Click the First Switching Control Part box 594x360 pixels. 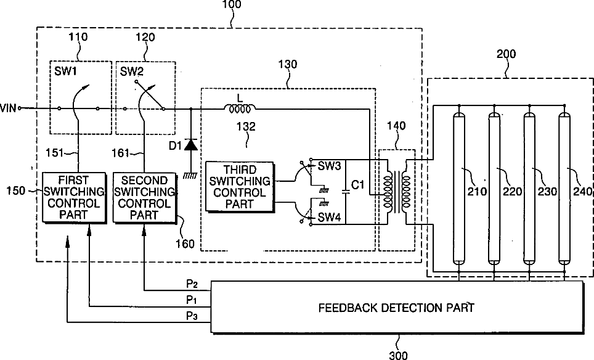[x=73, y=197]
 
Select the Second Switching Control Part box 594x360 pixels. [x=145, y=198]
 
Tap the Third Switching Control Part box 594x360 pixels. [x=240, y=187]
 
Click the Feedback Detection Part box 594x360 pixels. [x=397, y=308]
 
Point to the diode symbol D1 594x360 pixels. [x=190, y=145]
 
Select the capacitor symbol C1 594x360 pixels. [x=346, y=190]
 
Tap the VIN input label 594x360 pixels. [x=9, y=108]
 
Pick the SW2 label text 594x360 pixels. [x=131, y=72]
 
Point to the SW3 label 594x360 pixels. [x=329, y=166]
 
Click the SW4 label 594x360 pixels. [x=329, y=217]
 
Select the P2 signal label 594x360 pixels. [x=192, y=284]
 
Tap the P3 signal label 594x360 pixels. [x=192, y=316]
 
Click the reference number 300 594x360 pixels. [x=398, y=355]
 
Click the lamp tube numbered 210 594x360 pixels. [x=459, y=189]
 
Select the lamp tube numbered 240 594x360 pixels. [x=564, y=189]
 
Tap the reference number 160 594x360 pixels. [x=185, y=243]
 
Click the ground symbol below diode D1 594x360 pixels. [x=190, y=176]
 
